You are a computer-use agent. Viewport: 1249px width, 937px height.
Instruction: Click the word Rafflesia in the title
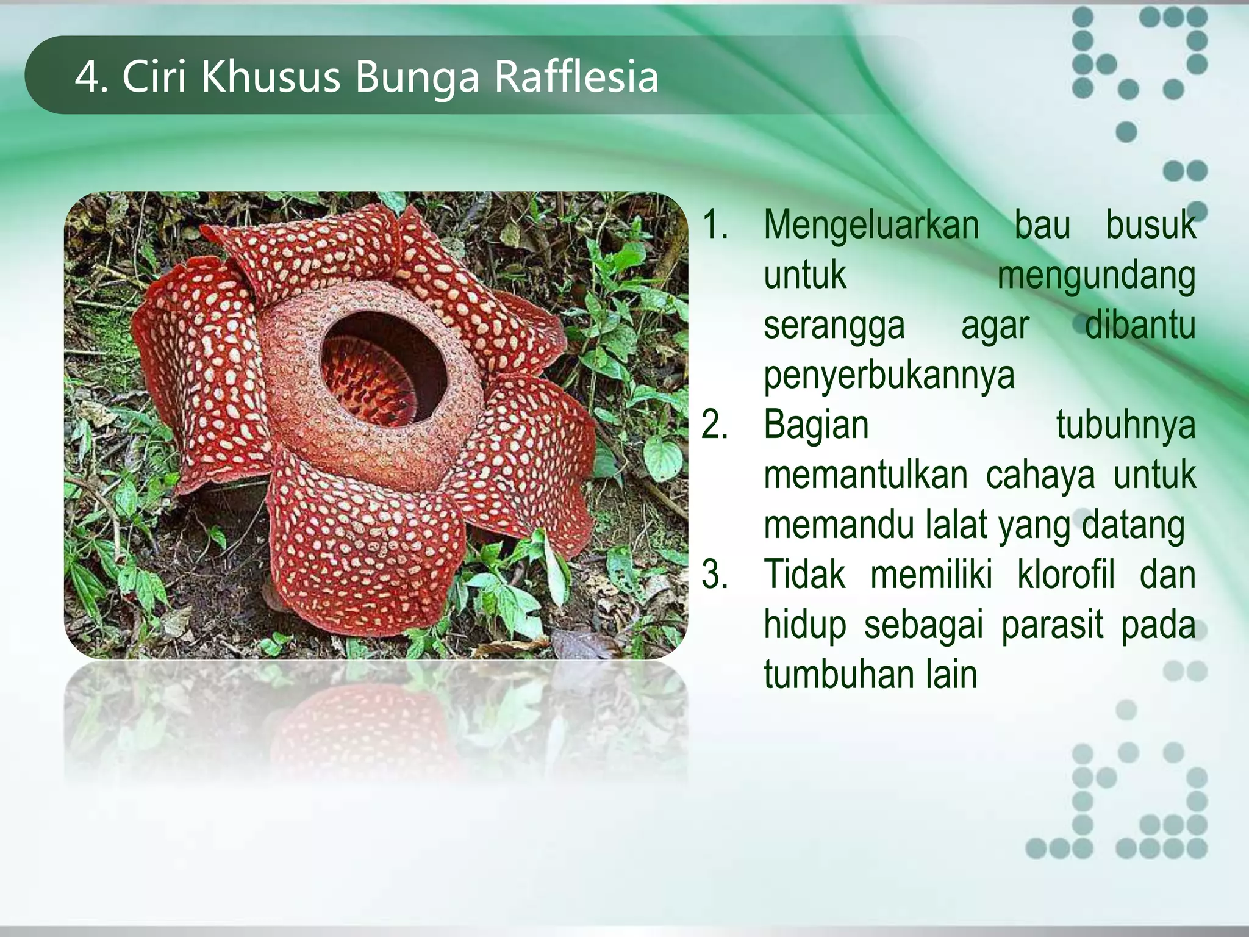(x=576, y=77)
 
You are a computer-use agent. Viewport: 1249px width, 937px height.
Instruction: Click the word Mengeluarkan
(x=871, y=226)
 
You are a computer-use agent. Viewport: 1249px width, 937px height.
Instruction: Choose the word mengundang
(x=1096, y=276)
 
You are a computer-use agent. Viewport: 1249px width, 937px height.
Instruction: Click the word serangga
(x=834, y=326)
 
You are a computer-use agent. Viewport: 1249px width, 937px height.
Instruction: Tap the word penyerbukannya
(x=889, y=376)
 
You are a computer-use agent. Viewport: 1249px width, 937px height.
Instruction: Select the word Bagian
(x=816, y=425)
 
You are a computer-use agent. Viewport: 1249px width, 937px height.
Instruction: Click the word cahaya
(x=1040, y=475)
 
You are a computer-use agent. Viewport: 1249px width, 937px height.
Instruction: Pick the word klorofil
(x=1065, y=575)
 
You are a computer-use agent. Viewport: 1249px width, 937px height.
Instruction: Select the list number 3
(x=714, y=575)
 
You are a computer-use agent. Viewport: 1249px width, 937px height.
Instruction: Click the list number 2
(x=714, y=425)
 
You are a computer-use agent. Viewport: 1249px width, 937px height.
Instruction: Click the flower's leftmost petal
(x=195, y=366)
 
